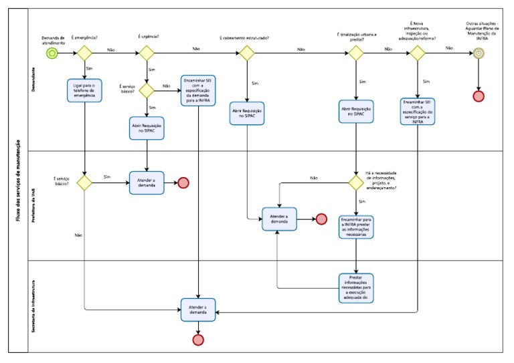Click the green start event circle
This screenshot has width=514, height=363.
point(52,53)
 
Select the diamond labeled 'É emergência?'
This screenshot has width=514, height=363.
point(84,53)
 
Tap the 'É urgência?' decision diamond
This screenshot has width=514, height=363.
point(147,53)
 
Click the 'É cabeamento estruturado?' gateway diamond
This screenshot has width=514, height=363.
point(248,53)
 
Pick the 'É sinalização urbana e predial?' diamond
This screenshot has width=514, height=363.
point(355,53)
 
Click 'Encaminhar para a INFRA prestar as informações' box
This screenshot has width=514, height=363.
point(355,225)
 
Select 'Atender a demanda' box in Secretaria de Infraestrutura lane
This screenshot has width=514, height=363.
point(198,310)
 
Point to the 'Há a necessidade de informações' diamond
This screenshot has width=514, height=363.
point(355,183)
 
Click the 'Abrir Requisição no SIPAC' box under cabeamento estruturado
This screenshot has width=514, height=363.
point(248,112)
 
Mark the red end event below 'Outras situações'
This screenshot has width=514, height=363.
point(479,96)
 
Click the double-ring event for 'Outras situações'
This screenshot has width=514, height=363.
point(479,53)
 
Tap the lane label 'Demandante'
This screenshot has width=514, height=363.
point(34,80)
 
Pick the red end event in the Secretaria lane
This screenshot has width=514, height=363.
point(198,340)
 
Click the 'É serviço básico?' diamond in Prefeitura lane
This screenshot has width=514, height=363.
point(84,183)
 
